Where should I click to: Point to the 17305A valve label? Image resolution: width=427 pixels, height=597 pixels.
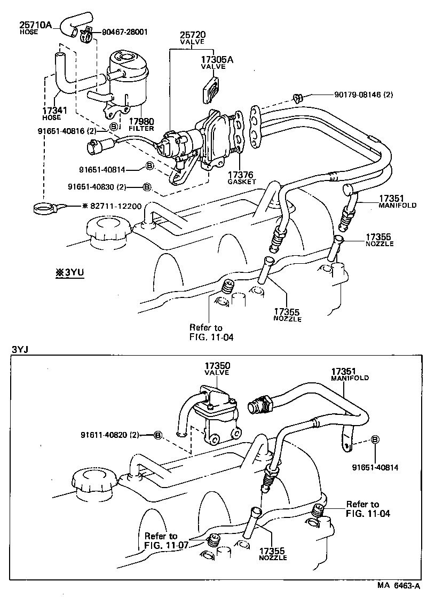pyautogui.click(x=217, y=60)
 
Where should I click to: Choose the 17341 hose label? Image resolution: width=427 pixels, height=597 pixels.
pyautogui.click(x=54, y=111)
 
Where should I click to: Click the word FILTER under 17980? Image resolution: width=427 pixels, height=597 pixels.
pyautogui.click(x=141, y=129)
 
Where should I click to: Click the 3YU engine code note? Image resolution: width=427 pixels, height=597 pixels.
pyautogui.click(x=67, y=272)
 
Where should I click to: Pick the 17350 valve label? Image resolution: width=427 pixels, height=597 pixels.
pyautogui.click(x=217, y=366)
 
